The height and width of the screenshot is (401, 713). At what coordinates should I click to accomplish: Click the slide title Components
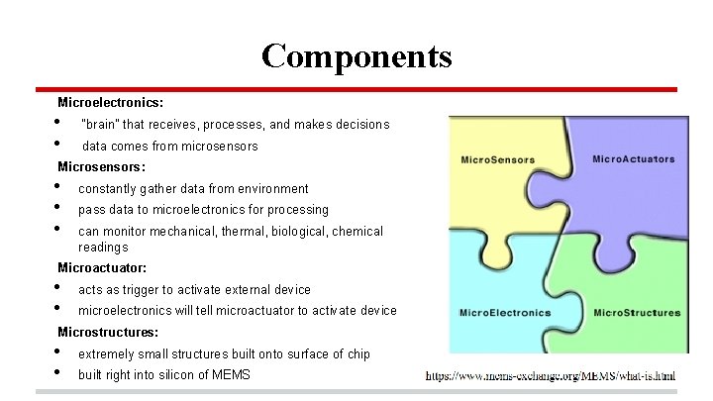point(356,55)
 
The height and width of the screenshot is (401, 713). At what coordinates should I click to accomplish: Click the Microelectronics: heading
point(111,102)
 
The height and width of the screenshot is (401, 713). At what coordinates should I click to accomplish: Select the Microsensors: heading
point(102,167)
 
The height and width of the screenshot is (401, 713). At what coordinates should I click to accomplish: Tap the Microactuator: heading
point(102,268)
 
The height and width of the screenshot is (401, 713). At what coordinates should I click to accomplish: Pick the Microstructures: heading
point(108,332)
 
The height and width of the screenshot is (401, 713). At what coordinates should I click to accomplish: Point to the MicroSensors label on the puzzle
point(497,160)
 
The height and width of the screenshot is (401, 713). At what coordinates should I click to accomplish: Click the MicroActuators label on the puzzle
point(633,158)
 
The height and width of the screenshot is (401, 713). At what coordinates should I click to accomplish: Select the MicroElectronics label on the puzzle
point(504,314)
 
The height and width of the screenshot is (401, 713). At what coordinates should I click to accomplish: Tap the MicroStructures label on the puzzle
point(637,314)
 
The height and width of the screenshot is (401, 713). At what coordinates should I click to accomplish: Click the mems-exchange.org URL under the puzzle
point(551,377)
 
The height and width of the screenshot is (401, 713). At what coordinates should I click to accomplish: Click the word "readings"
point(103,247)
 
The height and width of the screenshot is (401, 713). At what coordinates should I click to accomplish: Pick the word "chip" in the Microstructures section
point(357,354)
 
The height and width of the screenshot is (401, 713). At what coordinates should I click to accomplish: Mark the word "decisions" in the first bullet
point(360,125)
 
